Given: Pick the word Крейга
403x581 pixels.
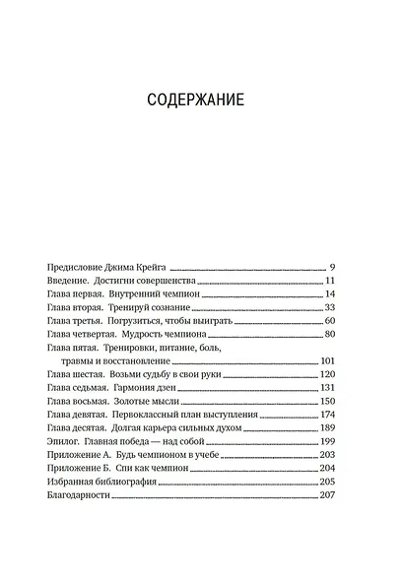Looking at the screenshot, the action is pyautogui.click(x=160, y=267).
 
